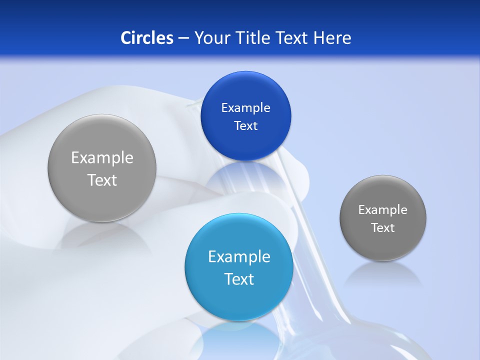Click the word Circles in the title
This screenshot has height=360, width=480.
[x=147, y=38]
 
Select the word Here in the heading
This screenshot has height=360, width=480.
[x=332, y=38]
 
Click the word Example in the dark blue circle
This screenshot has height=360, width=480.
[x=245, y=108]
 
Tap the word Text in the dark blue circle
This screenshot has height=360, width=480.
[x=245, y=126]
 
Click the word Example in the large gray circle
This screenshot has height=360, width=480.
[x=102, y=158]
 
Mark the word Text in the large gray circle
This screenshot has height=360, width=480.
[x=102, y=180]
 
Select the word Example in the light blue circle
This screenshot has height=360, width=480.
[x=239, y=257]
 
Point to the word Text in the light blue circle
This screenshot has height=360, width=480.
[x=239, y=279]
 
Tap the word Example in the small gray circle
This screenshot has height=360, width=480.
[x=383, y=210]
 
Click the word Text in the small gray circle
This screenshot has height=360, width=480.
[x=383, y=228]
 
